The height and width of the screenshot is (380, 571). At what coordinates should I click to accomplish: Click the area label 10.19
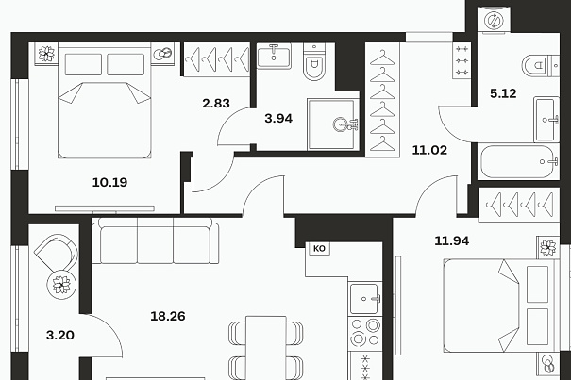[x=109, y=182]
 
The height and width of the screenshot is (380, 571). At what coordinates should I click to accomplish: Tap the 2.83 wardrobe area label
[x=216, y=104]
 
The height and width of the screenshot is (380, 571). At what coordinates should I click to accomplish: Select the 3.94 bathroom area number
[x=278, y=118]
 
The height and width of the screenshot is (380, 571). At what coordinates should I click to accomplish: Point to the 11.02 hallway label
[x=429, y=150]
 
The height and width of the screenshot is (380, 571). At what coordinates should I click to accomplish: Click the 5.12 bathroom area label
[x=503, y=93]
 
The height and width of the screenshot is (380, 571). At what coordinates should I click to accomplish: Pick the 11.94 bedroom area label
[x=451, y=240]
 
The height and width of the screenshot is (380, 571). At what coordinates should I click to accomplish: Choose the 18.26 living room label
[x=167, y=316]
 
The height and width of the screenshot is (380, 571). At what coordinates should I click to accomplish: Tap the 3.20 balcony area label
[x=60, y=335]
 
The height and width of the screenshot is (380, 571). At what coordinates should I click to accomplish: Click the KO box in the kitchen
[x=319, y=249]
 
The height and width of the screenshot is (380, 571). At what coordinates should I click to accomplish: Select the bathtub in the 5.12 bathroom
[x=518, y=161]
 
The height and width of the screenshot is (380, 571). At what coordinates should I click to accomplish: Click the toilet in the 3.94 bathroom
[x=314, y=62]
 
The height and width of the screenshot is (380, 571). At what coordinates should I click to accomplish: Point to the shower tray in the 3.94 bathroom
[x=331, y=124]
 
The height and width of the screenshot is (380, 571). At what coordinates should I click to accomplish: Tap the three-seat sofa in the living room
[x=156, y=240]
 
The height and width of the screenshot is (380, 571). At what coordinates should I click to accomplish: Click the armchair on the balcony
[x=57, y=252]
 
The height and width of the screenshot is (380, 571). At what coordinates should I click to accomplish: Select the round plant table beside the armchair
[x=61, y=285]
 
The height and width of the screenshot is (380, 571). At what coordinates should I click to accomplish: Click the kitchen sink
[x=365, y=299]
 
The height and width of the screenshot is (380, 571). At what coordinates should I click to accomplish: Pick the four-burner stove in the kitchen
[x=365, y=333]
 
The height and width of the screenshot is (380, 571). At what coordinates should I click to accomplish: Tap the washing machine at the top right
[x=495, y=20]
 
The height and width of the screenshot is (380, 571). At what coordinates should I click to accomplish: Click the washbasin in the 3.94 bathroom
[x=274, y=56]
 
